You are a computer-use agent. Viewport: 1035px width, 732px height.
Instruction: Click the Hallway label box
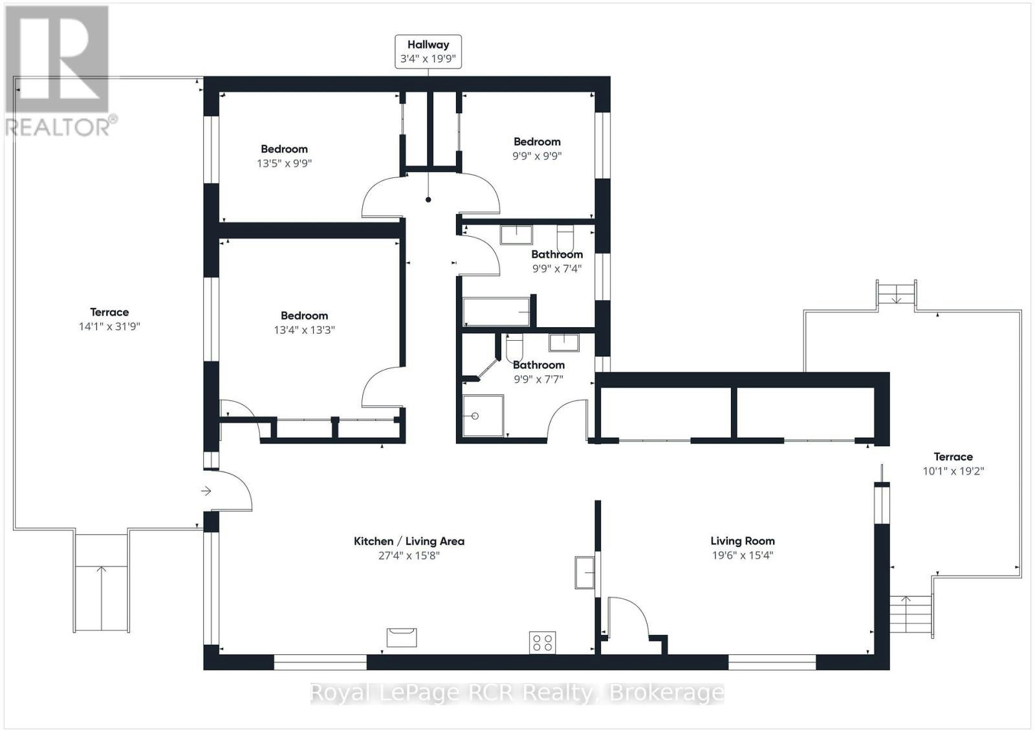428,52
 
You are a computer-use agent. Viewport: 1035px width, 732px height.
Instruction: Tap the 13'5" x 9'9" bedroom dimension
284,164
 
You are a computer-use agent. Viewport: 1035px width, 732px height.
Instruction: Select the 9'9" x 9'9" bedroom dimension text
537,156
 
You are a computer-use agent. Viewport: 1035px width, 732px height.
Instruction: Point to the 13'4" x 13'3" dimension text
304,330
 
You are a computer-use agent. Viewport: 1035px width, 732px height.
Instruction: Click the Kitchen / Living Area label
409,541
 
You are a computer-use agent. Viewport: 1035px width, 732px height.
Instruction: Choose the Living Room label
743,541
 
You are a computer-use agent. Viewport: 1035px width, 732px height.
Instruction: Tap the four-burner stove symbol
543,643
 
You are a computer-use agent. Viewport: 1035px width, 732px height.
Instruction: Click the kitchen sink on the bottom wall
402,638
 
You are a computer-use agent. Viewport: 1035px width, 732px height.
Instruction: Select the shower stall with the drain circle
483,416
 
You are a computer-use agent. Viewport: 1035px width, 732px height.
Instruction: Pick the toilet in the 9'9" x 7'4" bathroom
565,239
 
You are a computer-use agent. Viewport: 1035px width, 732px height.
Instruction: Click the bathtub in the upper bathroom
496,312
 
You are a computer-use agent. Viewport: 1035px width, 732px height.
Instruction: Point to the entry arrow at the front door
206,491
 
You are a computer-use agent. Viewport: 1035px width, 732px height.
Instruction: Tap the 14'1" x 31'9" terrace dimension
109,327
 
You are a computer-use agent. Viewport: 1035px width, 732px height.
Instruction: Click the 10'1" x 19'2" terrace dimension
953,471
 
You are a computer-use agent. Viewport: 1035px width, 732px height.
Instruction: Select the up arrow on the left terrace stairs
101,598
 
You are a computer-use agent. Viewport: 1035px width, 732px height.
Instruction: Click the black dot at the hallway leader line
428,200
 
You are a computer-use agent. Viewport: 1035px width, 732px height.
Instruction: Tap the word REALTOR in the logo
58,127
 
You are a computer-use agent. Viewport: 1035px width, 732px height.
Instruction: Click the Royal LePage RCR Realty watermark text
517,693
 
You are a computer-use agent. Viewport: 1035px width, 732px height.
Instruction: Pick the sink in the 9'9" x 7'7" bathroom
563,343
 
